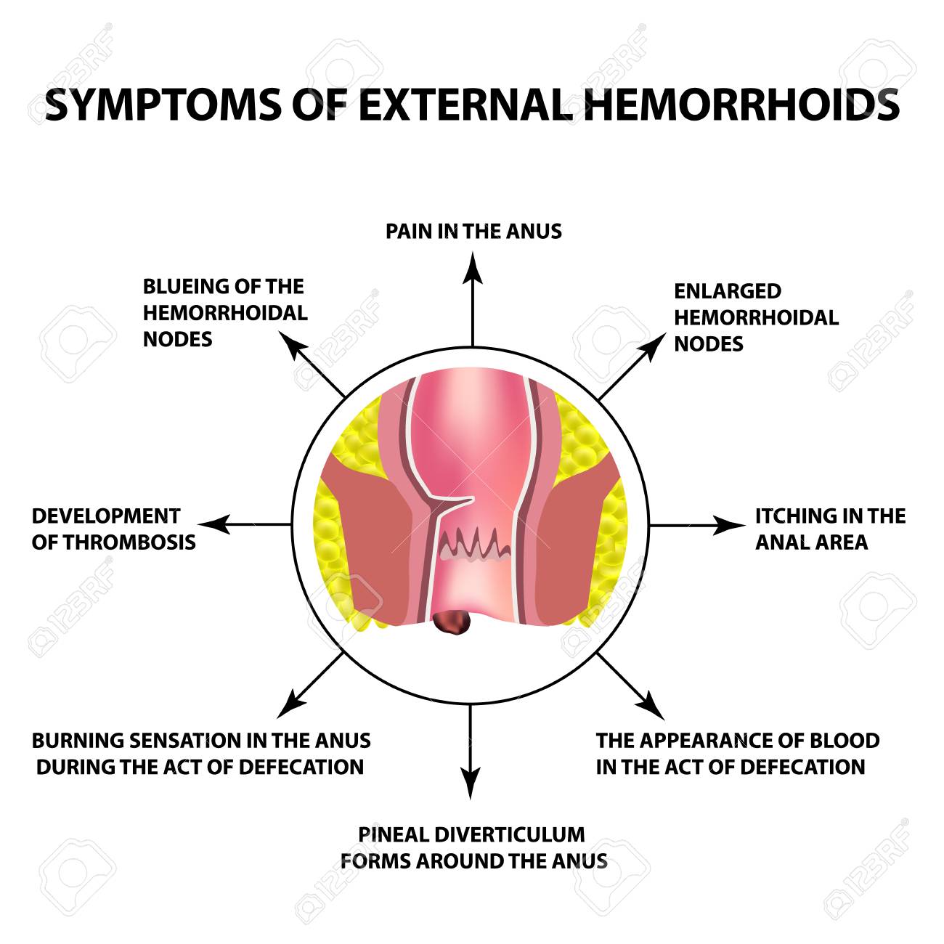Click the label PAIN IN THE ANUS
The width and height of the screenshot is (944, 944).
pos(473,231)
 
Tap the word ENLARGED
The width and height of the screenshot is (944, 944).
pos(728,291)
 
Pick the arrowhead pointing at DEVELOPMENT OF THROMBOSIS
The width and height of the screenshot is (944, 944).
pos(214,524)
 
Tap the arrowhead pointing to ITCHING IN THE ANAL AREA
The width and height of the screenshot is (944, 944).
pos(729,526)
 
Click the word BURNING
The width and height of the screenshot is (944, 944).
pos(78,740)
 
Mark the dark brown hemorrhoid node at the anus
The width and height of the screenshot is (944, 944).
pos(452,621)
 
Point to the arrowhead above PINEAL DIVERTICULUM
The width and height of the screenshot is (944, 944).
pos(471,783)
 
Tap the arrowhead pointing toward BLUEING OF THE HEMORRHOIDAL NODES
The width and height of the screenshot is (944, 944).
pos(293,346)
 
